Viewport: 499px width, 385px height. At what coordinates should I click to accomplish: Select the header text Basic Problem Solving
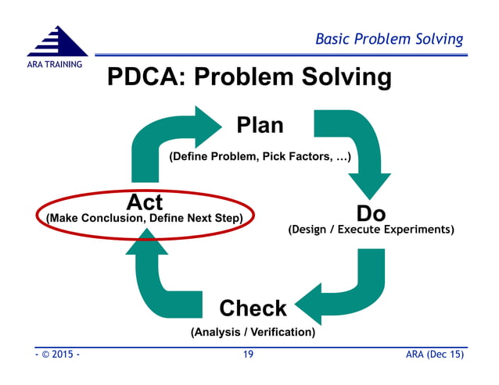389,39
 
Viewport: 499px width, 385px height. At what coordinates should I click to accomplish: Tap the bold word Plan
260,124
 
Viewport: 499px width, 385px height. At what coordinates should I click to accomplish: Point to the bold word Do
371,212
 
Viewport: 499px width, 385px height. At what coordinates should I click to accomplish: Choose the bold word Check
253,308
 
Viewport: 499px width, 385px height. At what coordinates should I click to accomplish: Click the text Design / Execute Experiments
371,230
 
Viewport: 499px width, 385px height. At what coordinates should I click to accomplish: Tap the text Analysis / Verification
253,332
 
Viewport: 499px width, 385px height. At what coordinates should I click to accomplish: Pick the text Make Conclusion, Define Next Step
145,217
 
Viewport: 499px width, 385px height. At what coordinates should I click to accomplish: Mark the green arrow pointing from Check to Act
156,281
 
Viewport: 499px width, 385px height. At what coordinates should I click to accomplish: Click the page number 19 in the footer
248,355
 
